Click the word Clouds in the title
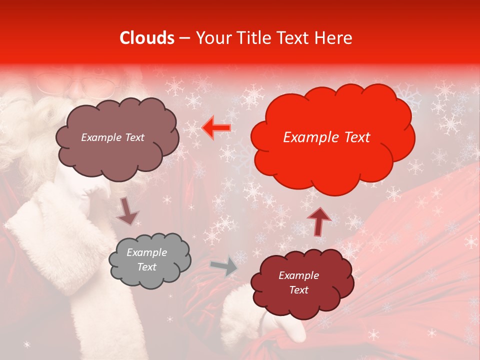(147, 38)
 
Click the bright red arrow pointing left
(216, 128)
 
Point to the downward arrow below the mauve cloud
(127, 210)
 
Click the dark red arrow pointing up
(318, 221)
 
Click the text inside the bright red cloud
(326, 137)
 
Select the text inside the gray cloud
(146, 260)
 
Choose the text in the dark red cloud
(298, 282)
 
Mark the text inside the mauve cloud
(112, 137)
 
